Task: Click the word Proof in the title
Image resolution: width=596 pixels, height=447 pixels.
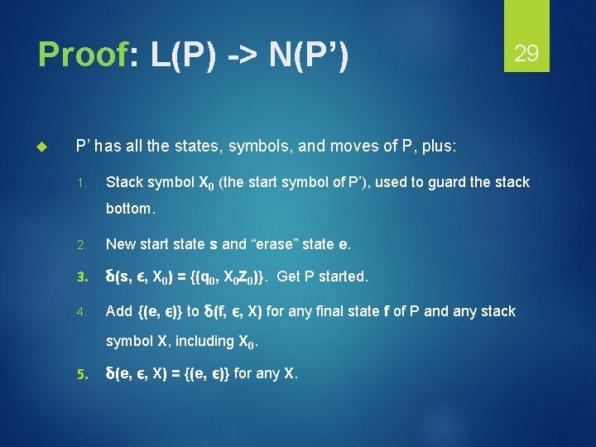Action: pyautogui.click(x=82, y=55)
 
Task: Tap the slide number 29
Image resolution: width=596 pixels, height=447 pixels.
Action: pyautogui.click(x=526, y=55)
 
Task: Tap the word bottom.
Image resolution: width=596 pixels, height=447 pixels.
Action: pyautogui.click(x=130, y=209)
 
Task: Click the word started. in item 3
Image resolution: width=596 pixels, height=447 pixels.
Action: pyautogui.click(x=339, y=276)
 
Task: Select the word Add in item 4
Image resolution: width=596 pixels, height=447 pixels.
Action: pyautogui.click(x=119, y=311)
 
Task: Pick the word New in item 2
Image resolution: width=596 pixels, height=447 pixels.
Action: pyautogui.click(x=122, y=245)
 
